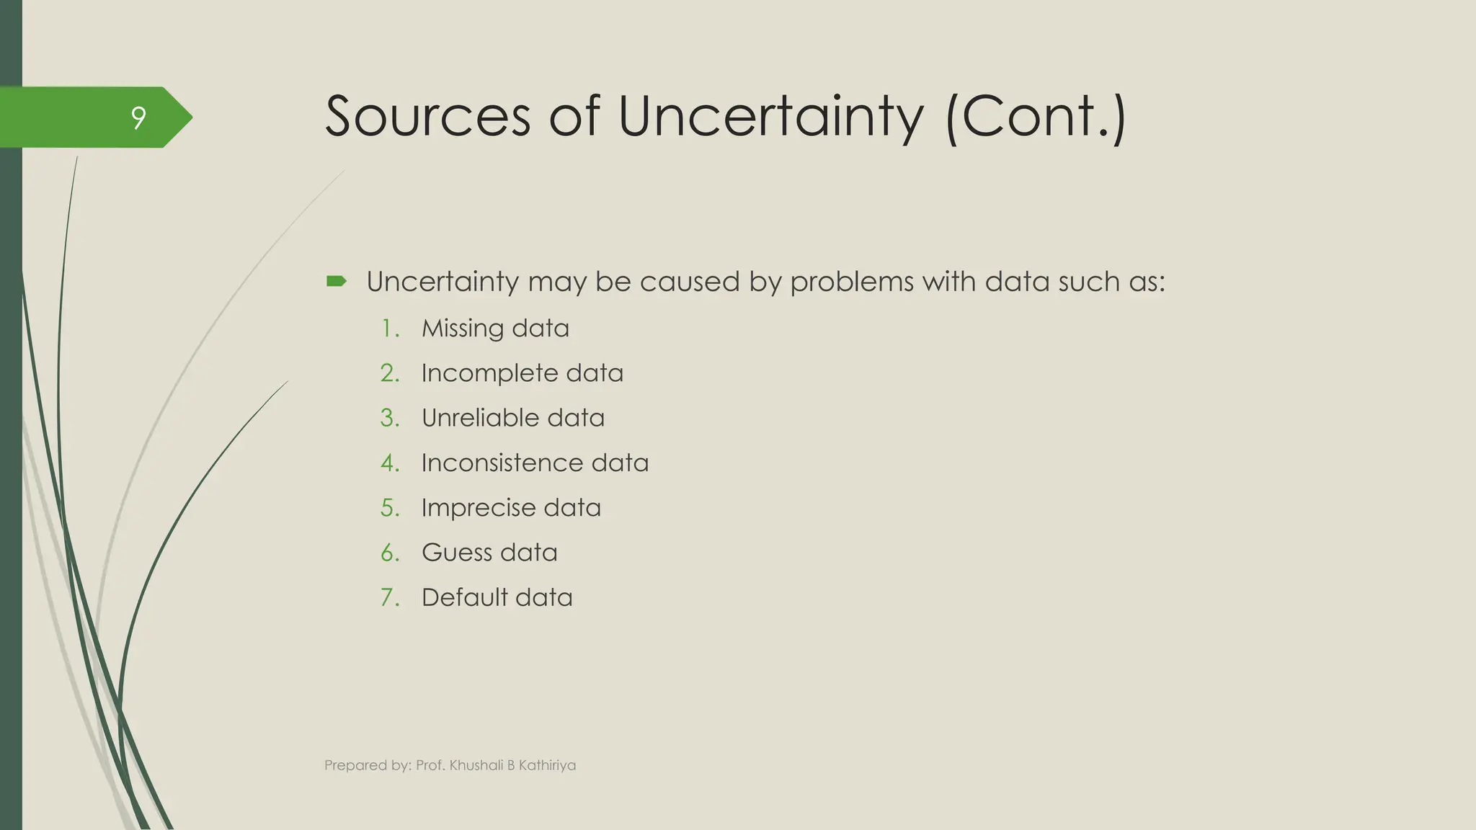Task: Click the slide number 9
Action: tap(138, 117)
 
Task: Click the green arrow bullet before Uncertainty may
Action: tap(337, 281)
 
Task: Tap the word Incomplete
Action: tap(489, 373)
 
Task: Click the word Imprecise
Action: tap(477, 508)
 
